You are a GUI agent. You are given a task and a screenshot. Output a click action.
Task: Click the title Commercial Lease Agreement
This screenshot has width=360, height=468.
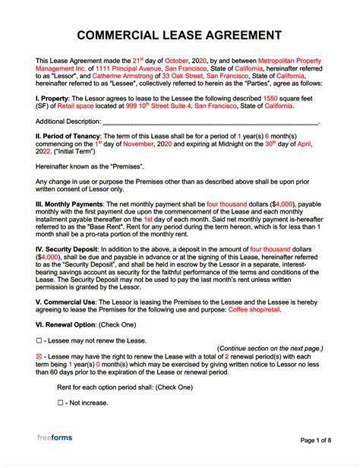point(179,36)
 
